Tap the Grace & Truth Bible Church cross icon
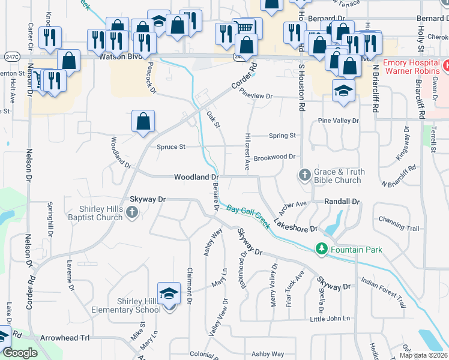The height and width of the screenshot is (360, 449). pyautogui.click(x=304, y=176)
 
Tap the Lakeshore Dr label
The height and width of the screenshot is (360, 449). pyautogui.click(x=295, y=226)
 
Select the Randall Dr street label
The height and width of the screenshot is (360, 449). pyautogui.click(x=341, y=202)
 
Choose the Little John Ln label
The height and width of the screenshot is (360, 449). pyautogui.click(x=330, y=319)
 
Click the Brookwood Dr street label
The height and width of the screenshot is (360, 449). pyautogui.click(x=274, y=157)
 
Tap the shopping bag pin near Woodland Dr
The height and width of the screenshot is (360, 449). pyautogui.click(x=143, y=122)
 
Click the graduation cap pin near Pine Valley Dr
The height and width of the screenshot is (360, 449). pyautogui.click(x=344, y=91)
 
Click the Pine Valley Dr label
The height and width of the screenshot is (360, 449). pyautogui.click(x=339, y=121)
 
